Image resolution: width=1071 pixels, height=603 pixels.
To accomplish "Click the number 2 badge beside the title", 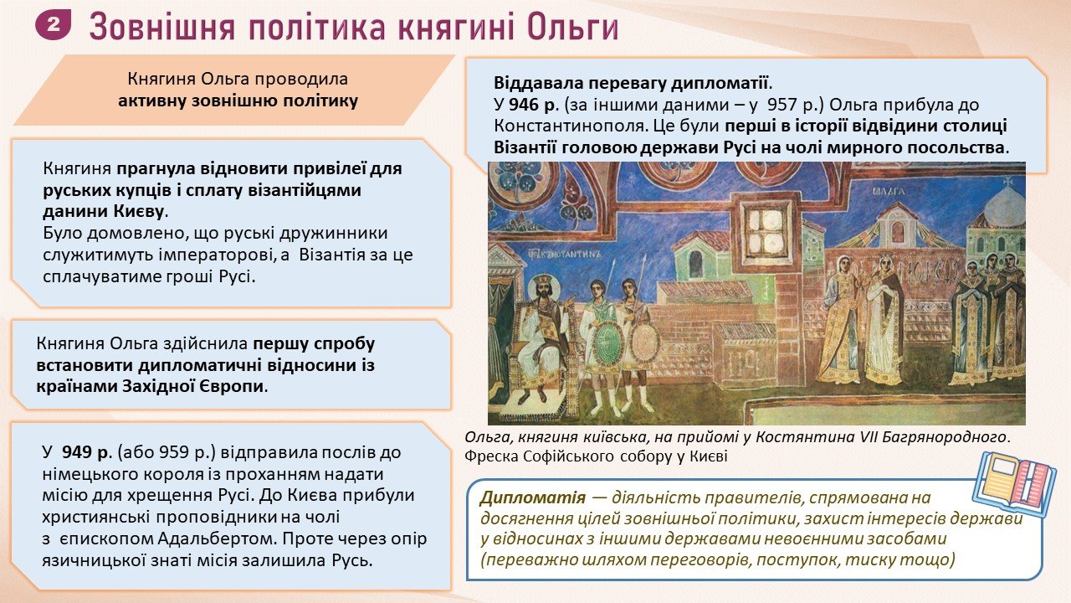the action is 53,25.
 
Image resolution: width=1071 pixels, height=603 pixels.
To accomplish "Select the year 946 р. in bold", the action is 534,105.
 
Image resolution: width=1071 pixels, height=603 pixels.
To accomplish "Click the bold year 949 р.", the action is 87,451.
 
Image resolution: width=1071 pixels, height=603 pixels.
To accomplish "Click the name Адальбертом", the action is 217,539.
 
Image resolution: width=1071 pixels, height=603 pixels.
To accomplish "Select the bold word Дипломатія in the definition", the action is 533,497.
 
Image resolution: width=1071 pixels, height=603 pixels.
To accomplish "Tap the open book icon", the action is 1015,484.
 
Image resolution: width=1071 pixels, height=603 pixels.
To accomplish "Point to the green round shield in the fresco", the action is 607,341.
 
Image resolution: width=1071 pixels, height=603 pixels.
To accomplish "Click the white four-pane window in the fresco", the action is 766,232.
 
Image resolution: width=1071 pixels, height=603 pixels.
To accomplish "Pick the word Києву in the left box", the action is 139,211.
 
